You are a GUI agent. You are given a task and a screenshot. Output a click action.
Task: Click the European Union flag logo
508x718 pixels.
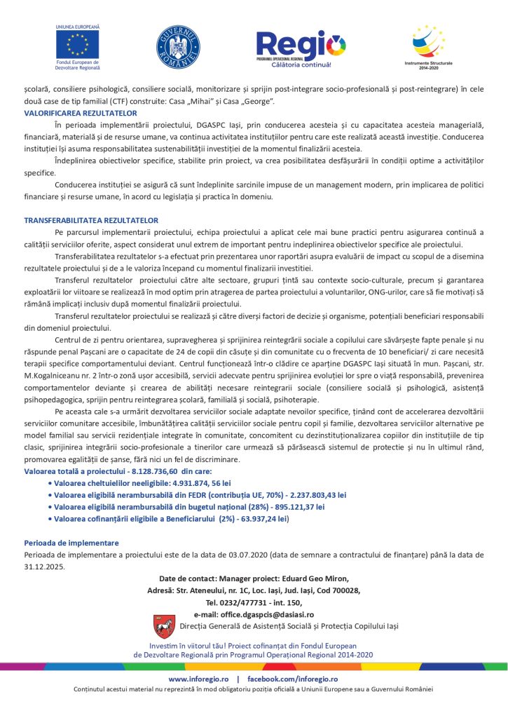77,44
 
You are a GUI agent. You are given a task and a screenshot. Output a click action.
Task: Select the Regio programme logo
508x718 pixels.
301,50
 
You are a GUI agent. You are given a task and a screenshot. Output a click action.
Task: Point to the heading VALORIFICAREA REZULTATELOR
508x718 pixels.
81,112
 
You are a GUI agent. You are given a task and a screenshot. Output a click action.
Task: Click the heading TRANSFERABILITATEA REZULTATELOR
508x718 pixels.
91,219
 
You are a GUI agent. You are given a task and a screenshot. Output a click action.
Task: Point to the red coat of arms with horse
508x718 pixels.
164,626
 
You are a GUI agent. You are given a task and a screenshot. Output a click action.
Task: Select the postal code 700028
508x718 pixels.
344,590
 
